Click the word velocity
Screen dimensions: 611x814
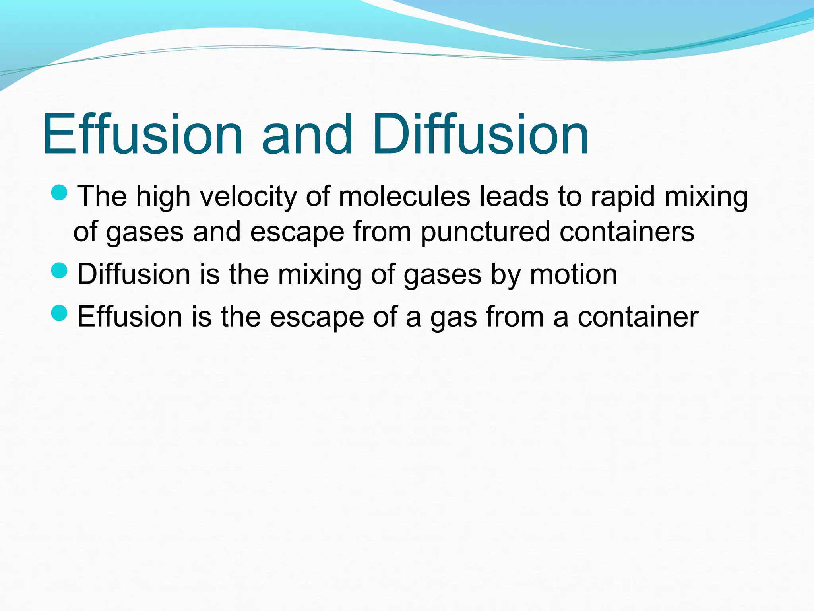click(248, 197)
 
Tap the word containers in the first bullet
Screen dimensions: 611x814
click(627, 232)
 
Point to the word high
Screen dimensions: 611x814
click(163, 197)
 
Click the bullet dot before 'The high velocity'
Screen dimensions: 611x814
click(60, 193)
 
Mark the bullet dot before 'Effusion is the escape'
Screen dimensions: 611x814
click(60, 313)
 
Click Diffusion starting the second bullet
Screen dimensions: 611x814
click(134, 274)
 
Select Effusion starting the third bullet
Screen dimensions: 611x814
click(130, 317)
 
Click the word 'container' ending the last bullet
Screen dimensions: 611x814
click(638, 317)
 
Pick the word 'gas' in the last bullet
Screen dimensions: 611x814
click(454, 317)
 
